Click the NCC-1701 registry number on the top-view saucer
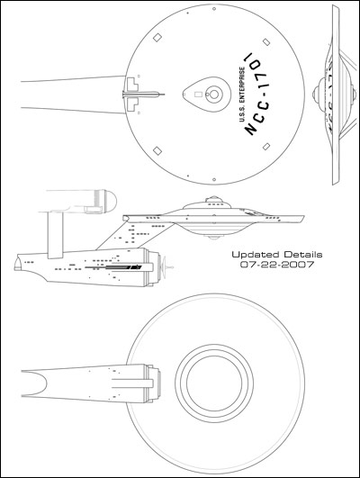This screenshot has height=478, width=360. (x=257, y=94)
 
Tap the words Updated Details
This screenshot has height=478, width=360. (x=277, y=255)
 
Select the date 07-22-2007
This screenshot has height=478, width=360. (x=277, y=265)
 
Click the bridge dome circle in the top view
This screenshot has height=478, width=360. (x=214, y=95)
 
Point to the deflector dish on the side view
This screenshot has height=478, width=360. (x=166, y=267)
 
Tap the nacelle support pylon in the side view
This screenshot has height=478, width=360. (x=56, y=235)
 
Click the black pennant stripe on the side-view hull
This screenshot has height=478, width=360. (x=113, y=267)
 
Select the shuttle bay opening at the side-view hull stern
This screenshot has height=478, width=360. (x=18, y=265)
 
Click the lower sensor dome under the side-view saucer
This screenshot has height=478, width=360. (x=214, y=237)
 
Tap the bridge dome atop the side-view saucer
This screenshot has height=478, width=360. (x=214, y=199)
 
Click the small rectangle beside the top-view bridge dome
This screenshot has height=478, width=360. (x=198, y=95)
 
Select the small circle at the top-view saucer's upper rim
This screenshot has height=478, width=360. (x=214, y=9)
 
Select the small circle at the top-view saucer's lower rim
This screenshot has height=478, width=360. (x=214, y=180)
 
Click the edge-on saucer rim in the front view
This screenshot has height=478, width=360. (x=336, y=95)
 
